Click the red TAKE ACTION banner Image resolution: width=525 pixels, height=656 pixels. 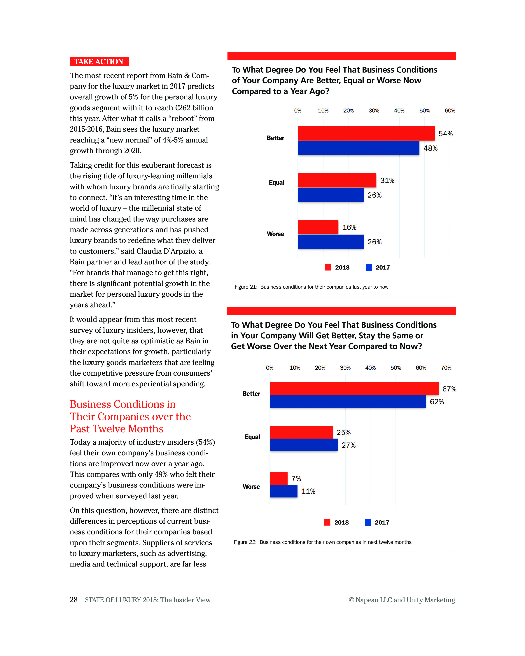click(99, 61)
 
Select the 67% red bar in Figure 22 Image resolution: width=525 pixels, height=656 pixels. click(354, 388)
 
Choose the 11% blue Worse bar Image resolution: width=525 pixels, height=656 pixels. click(283, 491)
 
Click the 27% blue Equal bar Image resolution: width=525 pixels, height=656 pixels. click(303, 445)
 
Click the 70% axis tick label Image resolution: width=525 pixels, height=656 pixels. click(446, 367)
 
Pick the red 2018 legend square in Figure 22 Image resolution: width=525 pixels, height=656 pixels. click(327, 522)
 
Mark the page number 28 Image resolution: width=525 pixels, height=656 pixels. click(74, 599)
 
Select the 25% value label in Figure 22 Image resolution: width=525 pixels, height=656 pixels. click(343, 432)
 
